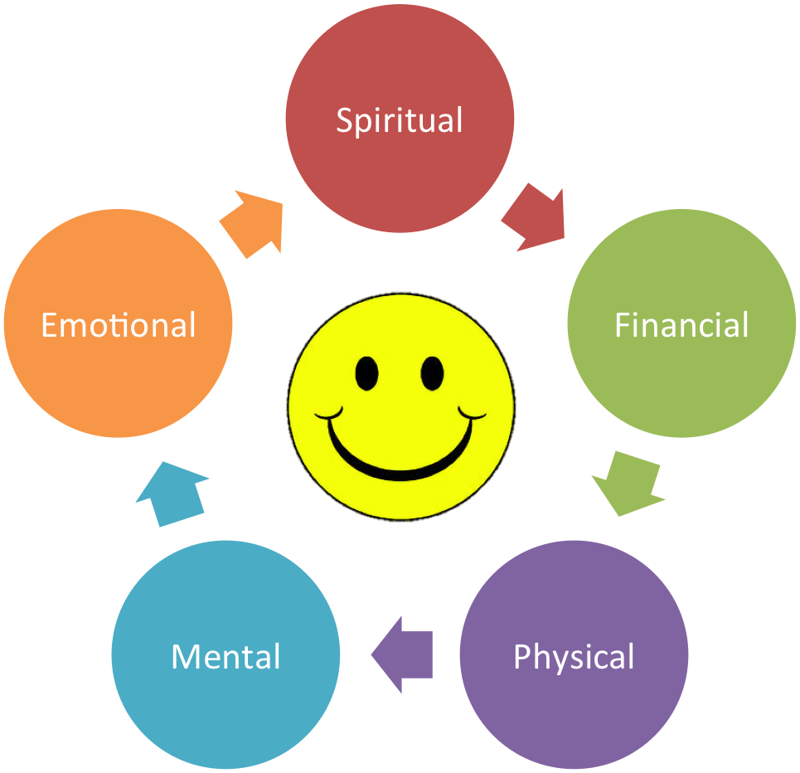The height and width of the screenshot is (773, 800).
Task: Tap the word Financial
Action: [681, 325]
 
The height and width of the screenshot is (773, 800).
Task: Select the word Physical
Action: [574, 658]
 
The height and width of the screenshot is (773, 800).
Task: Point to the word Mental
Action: [226, 656]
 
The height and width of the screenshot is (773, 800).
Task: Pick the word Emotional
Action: [119, 325]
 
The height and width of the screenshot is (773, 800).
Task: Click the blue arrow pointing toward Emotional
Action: [171, 493]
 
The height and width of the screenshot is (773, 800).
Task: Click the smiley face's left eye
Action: [366, 373]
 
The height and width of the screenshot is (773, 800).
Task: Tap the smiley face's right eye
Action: [432, 373]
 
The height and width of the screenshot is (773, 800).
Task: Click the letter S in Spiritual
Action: [345, 120]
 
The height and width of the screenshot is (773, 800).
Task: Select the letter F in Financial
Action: [622, 324]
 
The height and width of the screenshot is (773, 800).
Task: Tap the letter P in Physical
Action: [522, 655]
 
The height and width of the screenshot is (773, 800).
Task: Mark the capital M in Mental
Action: [185, 656]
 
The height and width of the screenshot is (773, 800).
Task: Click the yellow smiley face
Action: [401, 406]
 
